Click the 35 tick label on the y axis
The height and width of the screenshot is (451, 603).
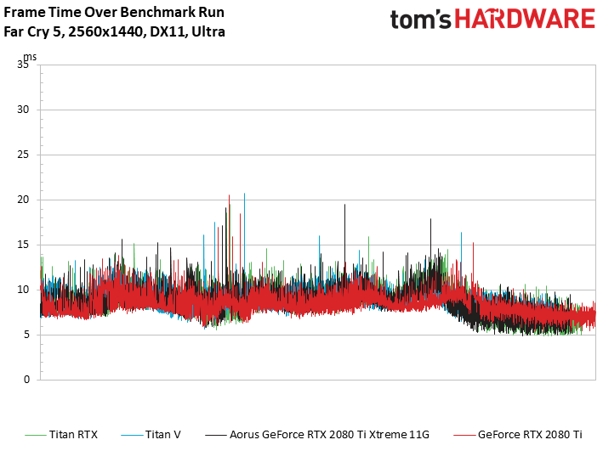coord(24,65)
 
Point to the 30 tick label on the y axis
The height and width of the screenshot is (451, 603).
coord(24,110)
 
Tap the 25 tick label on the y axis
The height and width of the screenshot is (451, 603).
coord(24,155)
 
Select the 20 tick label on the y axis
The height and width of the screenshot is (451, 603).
coord(24,200)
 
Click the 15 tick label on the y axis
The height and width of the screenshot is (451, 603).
coord(24,245)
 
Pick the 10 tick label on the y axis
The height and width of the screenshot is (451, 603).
coord(24,290)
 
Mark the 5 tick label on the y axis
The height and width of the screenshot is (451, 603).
coord(27,335)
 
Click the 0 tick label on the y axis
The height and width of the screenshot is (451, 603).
coord(27,380)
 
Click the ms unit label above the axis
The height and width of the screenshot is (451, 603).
coord(31,57)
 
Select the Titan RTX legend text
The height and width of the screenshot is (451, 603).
coord(74,434)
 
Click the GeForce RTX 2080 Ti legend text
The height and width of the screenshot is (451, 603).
coord(530,434)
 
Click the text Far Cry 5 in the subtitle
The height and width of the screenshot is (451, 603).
coord(27,31)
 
